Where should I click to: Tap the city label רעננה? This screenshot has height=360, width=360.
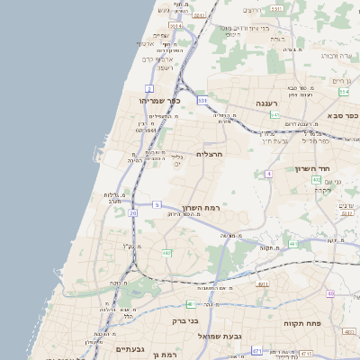267,103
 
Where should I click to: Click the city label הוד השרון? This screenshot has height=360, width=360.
313,168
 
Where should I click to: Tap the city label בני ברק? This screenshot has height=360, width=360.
184,320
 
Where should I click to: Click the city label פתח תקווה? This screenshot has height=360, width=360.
303,323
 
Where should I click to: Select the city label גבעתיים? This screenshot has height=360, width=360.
130,349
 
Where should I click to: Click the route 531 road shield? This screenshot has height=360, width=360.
203,100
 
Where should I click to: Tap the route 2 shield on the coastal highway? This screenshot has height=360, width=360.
148,88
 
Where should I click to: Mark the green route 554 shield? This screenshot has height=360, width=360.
343,92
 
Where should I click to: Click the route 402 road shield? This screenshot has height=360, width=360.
316,181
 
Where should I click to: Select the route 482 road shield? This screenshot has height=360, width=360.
166,253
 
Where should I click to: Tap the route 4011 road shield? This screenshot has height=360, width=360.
263,284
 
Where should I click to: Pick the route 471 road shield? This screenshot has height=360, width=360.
257,350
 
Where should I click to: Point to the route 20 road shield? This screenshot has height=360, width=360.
133,213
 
